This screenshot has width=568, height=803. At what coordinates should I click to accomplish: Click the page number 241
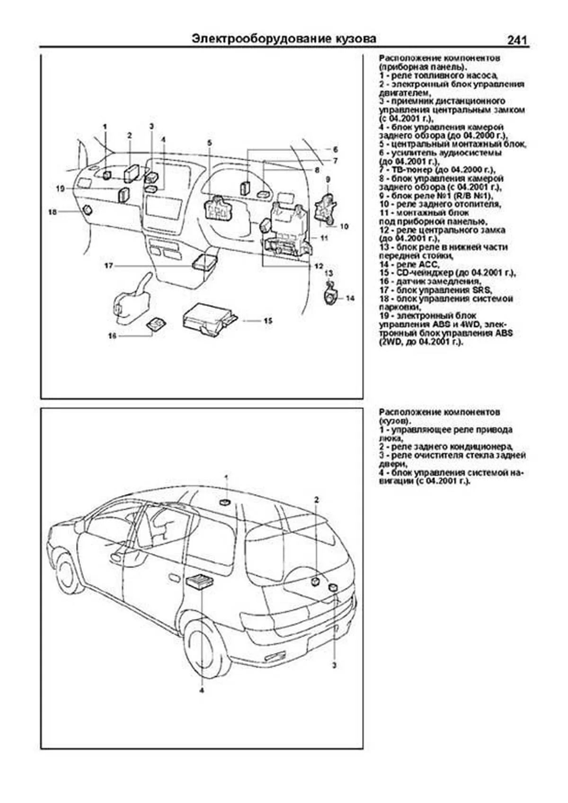pos(517,40)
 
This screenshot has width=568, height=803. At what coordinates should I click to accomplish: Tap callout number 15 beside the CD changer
pos(268,321)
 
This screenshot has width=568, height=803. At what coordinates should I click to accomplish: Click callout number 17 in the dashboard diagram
pos(109,266)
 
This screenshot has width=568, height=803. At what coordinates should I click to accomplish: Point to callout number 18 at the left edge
pos(52,212)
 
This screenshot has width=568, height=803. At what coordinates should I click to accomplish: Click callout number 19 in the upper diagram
pos(60,188)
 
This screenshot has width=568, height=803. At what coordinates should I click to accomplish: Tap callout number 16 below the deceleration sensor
pos(112,336)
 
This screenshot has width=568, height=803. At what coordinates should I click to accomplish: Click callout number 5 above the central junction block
pos(210,142)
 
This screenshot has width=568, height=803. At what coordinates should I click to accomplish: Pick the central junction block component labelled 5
pos(220,207)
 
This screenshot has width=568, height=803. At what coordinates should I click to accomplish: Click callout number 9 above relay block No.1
pos(327,179)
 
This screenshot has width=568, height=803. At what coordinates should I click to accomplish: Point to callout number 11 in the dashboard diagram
pos(324,238)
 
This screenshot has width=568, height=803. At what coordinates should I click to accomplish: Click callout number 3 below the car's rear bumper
pos(334,666)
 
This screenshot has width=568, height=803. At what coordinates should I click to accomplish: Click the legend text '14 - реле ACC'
pos(410,264)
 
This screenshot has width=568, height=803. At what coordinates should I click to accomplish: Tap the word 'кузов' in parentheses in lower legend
pos(394,421)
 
